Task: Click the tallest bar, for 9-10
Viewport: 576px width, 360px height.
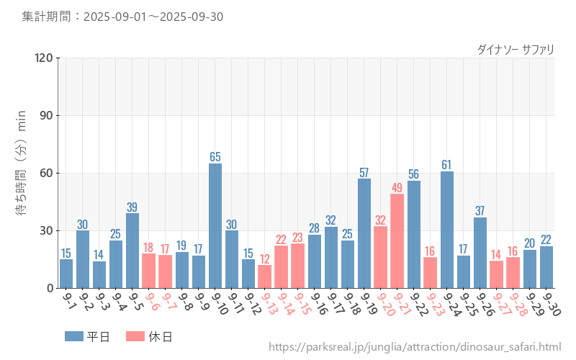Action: [215, 225]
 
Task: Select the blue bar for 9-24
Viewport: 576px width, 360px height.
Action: [447, 230]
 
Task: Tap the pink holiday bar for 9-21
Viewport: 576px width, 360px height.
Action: [397, 240]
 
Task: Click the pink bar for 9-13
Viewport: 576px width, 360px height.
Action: [265, 276]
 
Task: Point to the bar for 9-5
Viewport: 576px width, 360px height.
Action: [132, 251]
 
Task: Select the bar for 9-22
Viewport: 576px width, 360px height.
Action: [414, 234]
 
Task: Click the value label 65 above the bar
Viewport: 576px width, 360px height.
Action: [215, 156]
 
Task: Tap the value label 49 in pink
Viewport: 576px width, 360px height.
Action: [397, 187]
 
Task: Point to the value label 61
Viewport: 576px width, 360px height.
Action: [447, 164]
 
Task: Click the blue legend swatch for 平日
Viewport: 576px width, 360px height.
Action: [74, 336]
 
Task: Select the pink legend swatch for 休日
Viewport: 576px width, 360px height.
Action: [135, 336]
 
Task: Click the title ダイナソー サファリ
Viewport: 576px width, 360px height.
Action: [516, 50]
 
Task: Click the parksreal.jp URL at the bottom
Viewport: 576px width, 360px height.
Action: [415, 348]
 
